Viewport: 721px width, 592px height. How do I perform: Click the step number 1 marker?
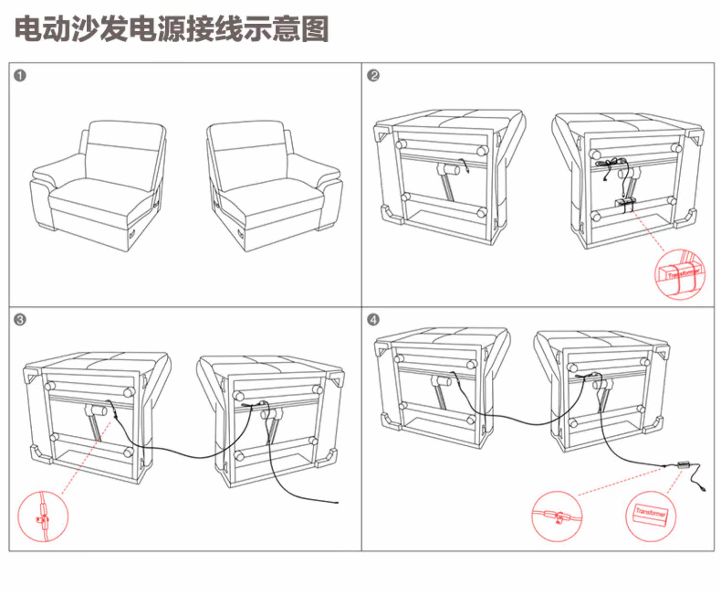click(x=20, y=76)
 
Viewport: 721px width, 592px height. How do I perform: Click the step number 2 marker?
click(x=373, y=76)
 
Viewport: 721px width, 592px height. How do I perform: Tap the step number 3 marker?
click(x=20, y=320)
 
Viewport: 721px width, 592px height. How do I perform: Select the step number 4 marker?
click(x=373, y=320)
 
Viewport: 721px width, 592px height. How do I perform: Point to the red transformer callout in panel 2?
click(x=680, y=274)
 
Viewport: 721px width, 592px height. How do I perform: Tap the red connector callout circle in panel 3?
click(x=43, y=516)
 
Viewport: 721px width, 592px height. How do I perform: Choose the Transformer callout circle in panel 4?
click(x=650, y=516)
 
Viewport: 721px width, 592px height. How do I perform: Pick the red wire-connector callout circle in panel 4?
click(x=557, y=516)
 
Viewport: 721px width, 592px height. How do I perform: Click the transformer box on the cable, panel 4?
click(x=683, y=465)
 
